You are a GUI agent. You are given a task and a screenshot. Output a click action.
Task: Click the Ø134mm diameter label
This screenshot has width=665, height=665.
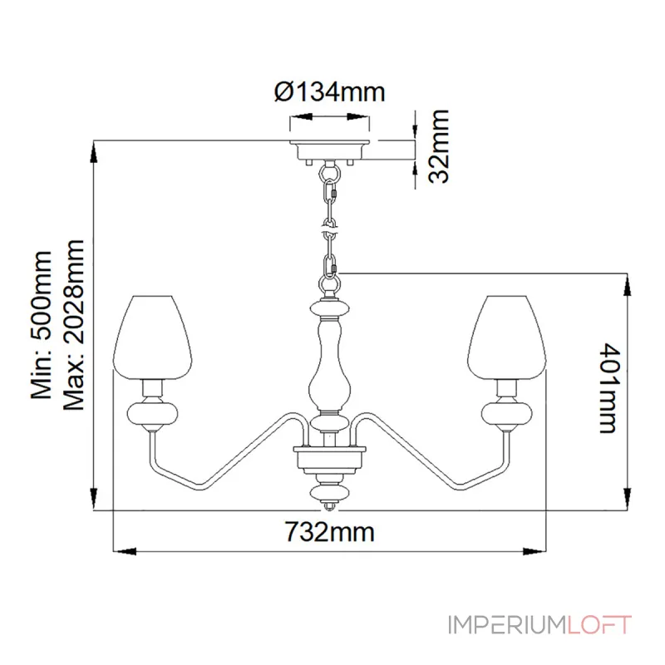[x=329, y=91]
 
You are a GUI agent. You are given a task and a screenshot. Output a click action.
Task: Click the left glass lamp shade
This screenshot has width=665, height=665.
[x=153, y=335]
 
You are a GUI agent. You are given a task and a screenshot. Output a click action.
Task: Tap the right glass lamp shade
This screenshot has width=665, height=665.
[x=507, y=335]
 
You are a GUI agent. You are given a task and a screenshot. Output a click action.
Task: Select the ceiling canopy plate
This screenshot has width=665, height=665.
[x=330, y=152]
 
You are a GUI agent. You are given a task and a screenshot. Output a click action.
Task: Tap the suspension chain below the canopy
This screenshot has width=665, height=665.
[x=331, y=224]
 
